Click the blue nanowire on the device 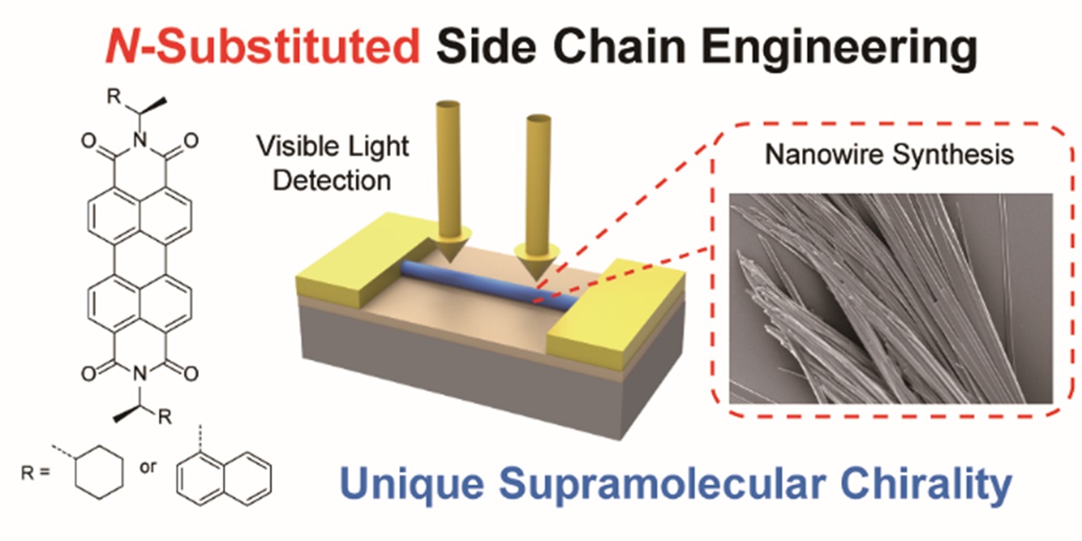pyautogui.click(x=486, y=283)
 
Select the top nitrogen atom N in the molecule pyautogui.click(x=138, y=144)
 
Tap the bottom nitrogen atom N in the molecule pyautogui.click(x=138, y=374)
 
